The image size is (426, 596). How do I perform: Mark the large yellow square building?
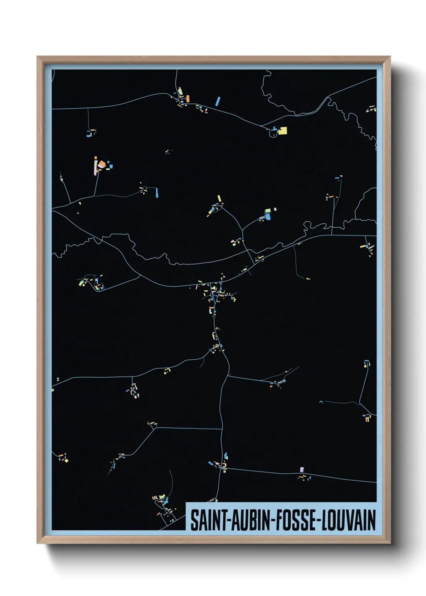283,130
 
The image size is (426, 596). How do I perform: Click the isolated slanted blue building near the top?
218,101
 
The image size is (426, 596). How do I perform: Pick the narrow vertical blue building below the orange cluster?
156,192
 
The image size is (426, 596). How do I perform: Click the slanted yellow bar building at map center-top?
219,199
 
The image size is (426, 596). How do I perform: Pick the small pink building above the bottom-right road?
302,470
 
